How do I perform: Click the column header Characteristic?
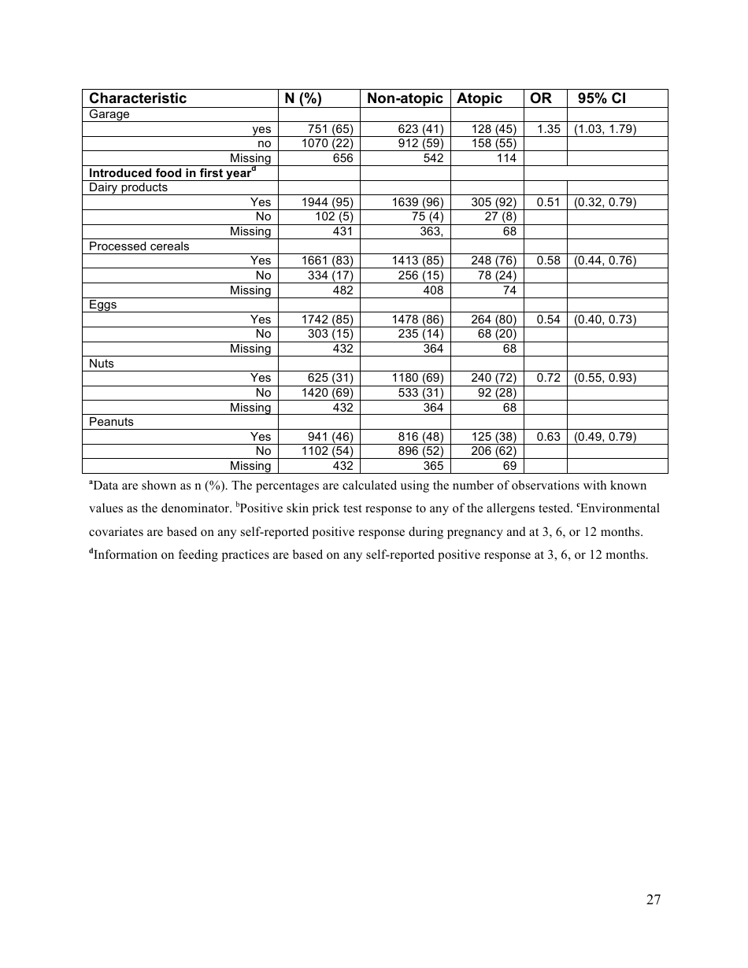click(138, 98)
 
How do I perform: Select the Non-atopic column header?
click(405, 98)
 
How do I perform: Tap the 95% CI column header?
click(602, 98)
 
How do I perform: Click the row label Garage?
click(109, 114)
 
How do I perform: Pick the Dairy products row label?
click(128, 187)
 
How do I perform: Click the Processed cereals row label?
click(139, 246)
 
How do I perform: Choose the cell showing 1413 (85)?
click(417, 260)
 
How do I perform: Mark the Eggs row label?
click(102, 305)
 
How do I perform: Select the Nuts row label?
click(102, 364)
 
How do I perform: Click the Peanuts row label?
click(111, 422)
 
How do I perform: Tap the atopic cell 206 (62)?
click(493, 451)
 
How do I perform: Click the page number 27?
click(653, 900)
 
